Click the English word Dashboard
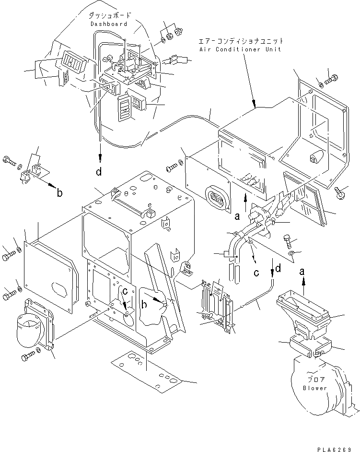pyautogui.click(x=109, y=24)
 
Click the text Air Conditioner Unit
pyautogui.click(x=240, y=49)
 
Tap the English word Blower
pyautogui.click(x=315, y=388)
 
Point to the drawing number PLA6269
pyautogui.click(x=335, y=449)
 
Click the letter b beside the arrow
pyautogui.click(x=59, y=192)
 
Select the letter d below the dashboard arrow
pyautogui.click(x=99, y=172)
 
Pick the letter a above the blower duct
pyautogui.click(x=302, y=271)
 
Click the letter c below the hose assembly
pyautogui.click(x=256, y=273)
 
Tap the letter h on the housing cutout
pyautogui.click(x=144, y=304)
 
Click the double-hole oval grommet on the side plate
pyautogui.click(x=218, y=199)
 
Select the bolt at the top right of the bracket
pyautogui.click(x=331, y=79)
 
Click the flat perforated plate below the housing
pyautogui.click(x=147, y=371)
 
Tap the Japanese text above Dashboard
pyautogui.click(x=109, y=15)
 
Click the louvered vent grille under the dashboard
pyautogui.click(x=124, y=107)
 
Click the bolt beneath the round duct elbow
pyautogui.click(x=28, y=357)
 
